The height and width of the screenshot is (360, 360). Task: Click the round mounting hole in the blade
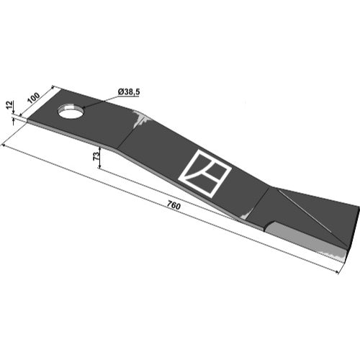(x=71, y=111)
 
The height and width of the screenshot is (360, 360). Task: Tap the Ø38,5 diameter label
(x=129, y=92)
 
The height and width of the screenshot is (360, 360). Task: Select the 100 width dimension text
(x=34, y=98)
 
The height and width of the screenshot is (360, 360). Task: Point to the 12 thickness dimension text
(x=9, y=105)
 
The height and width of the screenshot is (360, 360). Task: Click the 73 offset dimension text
(x=96, y=156)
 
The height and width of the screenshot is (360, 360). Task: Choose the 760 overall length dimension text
(x=174, y=206)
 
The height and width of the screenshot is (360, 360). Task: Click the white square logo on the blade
(x=204, y=174)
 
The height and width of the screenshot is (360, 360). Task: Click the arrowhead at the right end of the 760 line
(x=337, y=272)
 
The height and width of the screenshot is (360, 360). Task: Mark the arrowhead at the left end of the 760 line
(x=3, y=145)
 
